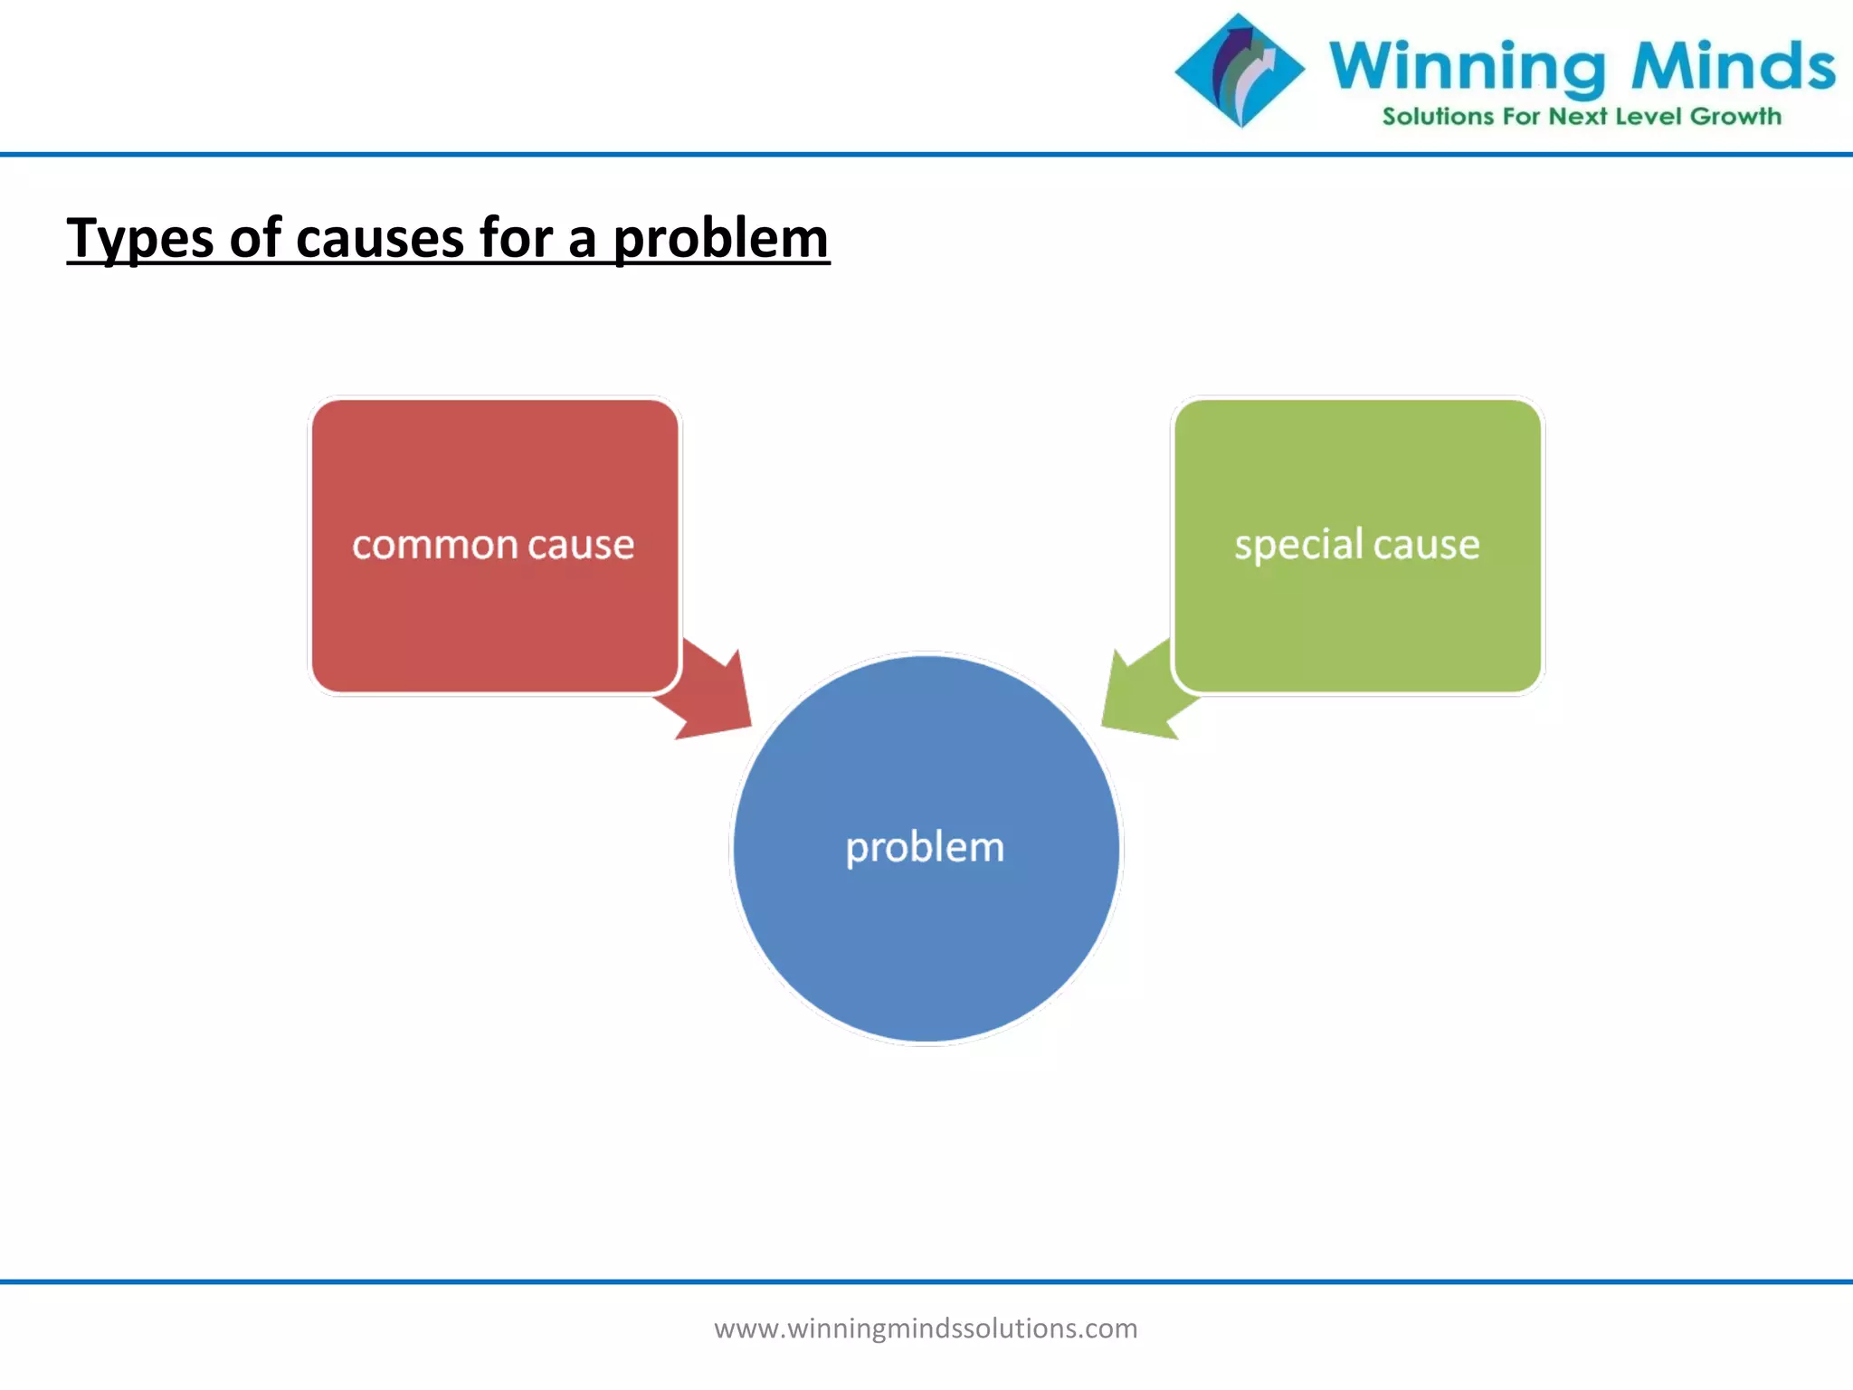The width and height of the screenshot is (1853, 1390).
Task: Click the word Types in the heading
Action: pyautogui.click(x=140, y=239)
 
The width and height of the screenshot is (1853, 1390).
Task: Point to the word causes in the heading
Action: pyautogui.click(x=379, y=239)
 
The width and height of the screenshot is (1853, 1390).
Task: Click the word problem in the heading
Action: pyautogui.click(x=720, y=239)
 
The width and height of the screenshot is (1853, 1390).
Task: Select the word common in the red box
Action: pyautogui.click(x=434, y=546)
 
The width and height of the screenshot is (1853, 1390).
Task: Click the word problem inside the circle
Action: pyautogui.click(x=925, y=848)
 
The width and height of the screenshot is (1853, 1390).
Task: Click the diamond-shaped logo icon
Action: pyautogui.click(x=1240, y=70)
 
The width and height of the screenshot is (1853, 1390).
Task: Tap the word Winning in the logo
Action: pyautogui.click(x=1467, y=67)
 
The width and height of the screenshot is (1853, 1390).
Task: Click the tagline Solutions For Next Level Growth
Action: pyautogui.click(x=1582, y=117)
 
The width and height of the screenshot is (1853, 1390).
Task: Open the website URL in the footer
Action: pyautogui.click(x=926, y=1328)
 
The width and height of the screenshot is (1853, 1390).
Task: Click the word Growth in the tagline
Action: pyautogui.click(x=1735, y=117)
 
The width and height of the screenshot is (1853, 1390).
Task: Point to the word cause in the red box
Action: pyautogui.click(x=581, y=546)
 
